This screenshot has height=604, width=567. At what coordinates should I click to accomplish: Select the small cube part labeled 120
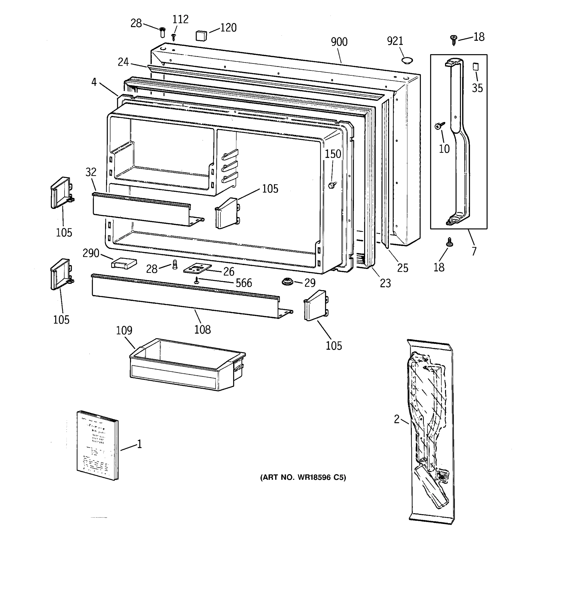tap(201, 35)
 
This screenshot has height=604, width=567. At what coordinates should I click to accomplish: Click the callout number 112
tap(180, 19)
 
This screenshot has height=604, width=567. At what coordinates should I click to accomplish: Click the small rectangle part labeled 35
tap(476, 66)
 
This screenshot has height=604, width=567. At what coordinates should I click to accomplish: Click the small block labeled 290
tap(124, 263)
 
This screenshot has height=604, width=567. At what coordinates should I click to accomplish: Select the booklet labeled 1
tap(97, 445)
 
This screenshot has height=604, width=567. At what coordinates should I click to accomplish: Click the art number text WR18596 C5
tap(303, 478)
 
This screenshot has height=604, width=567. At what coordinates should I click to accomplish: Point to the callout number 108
tap(202, 329)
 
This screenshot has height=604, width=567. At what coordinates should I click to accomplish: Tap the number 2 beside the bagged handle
tap(397, 420)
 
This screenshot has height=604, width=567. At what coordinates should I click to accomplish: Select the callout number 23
tap(385, 283)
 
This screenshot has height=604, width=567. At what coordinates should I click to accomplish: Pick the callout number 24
tap(123, 62)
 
